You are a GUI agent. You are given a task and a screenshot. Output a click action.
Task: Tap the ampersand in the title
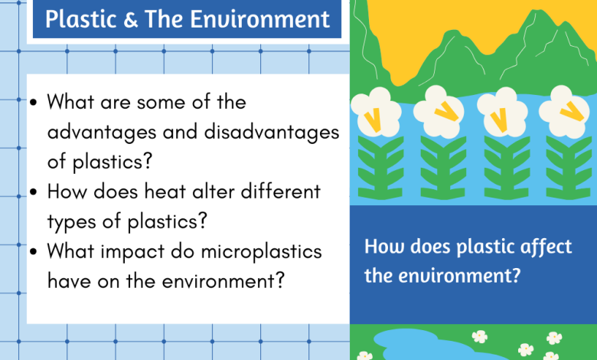click(131, 20)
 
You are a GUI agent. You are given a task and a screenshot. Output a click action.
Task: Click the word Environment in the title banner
click(260, 19)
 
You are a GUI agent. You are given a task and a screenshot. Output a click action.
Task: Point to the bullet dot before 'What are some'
click(33, 102)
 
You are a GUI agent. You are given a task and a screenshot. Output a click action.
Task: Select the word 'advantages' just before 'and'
click(102, 133)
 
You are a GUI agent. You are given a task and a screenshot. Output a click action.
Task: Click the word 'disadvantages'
click(272, 133)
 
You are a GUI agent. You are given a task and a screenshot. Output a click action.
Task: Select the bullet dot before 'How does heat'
click(33, 191)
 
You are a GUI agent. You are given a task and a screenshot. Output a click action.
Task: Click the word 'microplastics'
click(261, 252)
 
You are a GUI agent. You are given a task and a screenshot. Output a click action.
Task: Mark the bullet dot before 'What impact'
click(33, 251)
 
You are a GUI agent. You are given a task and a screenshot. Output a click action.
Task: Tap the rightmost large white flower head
click(565, 112)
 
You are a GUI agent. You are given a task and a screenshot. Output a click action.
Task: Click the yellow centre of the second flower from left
click(446, 112)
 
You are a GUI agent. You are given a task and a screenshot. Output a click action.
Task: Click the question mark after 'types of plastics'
click(203, 220)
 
